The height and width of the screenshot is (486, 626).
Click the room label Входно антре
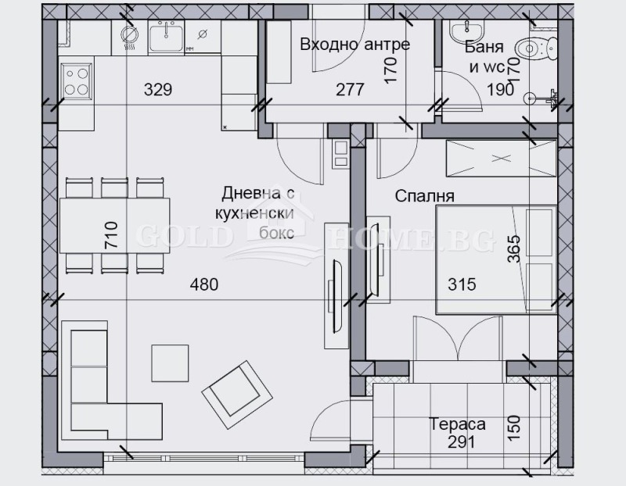click(x=354, y=44)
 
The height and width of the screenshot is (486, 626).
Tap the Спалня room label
click(x=426, y=196)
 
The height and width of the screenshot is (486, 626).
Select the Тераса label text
click(x=457, y=424)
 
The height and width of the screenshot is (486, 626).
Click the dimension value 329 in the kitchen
click(x=158, y=89)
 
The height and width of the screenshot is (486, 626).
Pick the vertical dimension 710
click(x=110, y=235)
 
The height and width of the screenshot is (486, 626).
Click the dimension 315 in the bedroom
click(x=461, y=284)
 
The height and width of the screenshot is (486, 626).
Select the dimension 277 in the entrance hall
click(x=350, y=89)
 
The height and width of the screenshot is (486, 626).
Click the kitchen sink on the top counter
click(x=166, y=36)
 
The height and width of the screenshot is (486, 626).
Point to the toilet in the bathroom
click(x=535, y=50)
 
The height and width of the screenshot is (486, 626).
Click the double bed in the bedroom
click(x=495, y=259)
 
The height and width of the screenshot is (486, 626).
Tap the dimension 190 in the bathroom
click(x=501, y=89)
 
